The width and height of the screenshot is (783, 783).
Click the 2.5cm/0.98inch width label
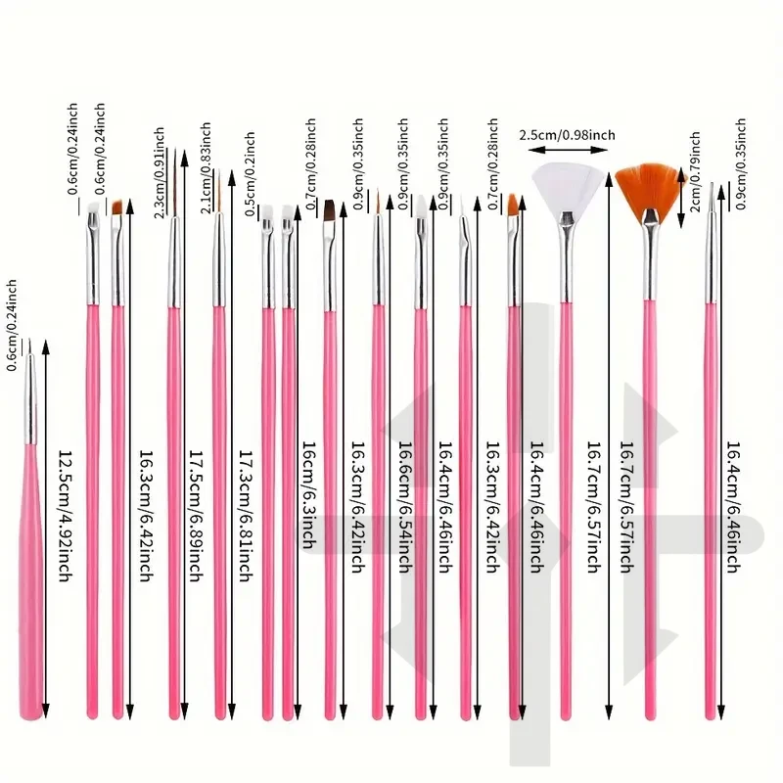(567, 133)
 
